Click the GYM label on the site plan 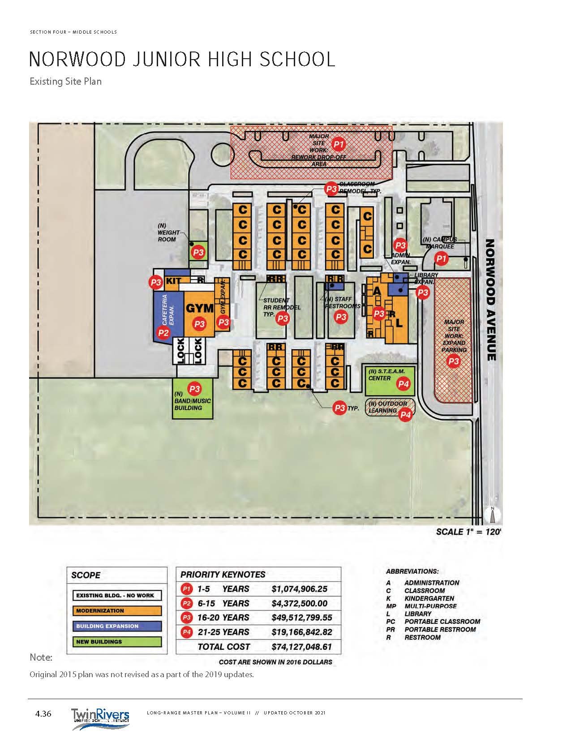click(199, 308)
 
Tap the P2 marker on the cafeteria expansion click(163, 332)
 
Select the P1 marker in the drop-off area click(339, 144)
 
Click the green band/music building click(193, 399)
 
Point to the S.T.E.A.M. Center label click(386, 374)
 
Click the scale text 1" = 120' click(468, 532)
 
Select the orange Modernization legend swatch click(117, 611)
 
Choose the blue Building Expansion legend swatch click(117, 626)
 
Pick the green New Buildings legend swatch click(117, 642)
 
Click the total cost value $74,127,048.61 click(301, 647)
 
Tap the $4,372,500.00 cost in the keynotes click(299, 603)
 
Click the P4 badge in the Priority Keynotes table click(186, 632)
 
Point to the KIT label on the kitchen click(174, 281)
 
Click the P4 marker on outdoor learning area click(405, 415)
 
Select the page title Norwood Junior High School click(182, 60)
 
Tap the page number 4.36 click(43, 714)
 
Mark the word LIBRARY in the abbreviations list click(418, 614)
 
